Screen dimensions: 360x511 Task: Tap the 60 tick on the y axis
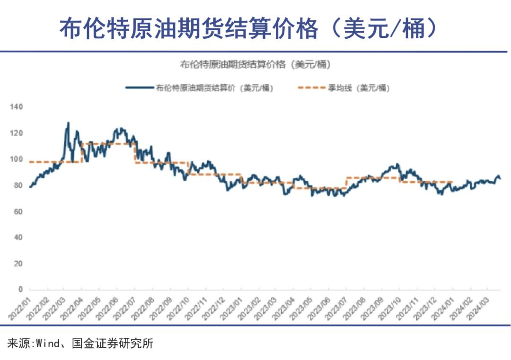18,211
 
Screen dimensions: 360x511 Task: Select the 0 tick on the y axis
20,289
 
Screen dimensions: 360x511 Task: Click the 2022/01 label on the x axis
21,306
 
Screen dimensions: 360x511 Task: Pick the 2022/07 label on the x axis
126,306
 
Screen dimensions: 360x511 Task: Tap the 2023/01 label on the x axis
233,306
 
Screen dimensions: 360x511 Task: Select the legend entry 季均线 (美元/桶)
359,88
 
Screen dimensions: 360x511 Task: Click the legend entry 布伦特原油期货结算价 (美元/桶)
214,88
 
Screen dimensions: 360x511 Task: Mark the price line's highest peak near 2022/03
68,123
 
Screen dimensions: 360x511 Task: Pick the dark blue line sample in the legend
139,88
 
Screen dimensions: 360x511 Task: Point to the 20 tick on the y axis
18,263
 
